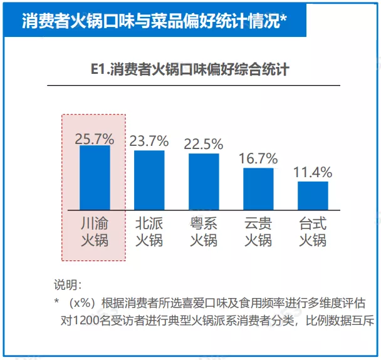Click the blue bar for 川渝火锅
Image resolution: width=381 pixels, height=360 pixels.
pyautogui.click(x=95, y=178)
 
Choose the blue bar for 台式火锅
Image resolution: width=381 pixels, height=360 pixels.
pyautogui.click(x=313, y=195)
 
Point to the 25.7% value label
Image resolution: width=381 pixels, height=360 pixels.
pyautogui.click(x=95, y=138)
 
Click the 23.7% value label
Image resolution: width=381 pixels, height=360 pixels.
pyautogui.click(x=149, y=141)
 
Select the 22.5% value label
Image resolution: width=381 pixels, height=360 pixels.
pyautogui.click(x=204, y=143)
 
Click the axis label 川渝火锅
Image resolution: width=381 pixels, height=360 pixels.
pyautogui.click(x=95, y=231)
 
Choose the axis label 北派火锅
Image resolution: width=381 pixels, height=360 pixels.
pyautogui.click(x=149, y=231)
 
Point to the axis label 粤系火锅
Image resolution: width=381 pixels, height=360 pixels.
pyautogui.click(x=204, y=231)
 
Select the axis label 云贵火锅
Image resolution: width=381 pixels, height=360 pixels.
pyautogui.click(x=258, y=231)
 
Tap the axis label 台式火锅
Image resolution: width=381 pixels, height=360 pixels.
pyautogui.click(x=313, y=231)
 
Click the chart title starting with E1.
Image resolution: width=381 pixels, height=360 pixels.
pyautogui.click(x=190, y=69)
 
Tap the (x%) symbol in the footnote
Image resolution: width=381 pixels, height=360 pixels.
pyautogui.click(x=81, y=303)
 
